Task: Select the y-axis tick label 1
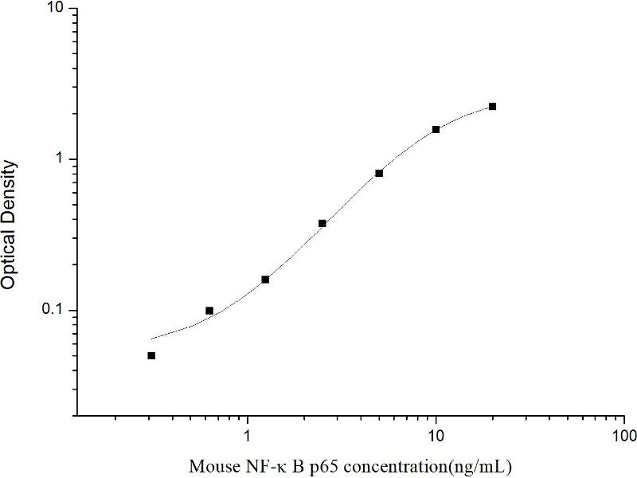pyautogui.click(x=64, y=159)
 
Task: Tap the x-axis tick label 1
pyautogui.click(x=248, y=437)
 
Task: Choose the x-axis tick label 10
pyautogui.click(x=436, y=437)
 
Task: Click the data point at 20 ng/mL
pyautogui.click(x=492, y=106)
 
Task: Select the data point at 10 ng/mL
pyautogui.click(x=436, y=129)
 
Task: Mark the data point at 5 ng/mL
pyautogui.click(x=379, y=173)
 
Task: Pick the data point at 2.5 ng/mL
pyautogui.click(x=322, y=223)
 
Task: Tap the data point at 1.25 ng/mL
pyautogui.click(x=265, y=279)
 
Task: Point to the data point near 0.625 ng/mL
pyautogui.click(x=209, y=311)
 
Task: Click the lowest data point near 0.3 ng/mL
pyautogui.click(x=151, y=355)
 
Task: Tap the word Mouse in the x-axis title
pyautogui.click(x=209, y=465)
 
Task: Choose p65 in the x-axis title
pyautogui.click(x=315, y=465)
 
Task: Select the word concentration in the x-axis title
pyautogui.click(x=391, y=465)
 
